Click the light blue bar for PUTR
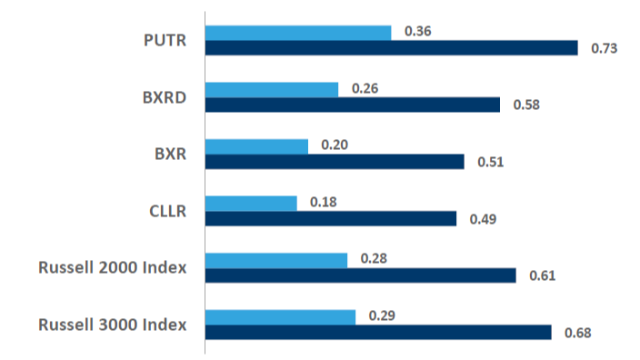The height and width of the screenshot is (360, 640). tap(298, 33)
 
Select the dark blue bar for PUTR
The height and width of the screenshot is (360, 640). tap(391, 48)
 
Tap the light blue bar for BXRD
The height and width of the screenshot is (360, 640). tap(272, 89)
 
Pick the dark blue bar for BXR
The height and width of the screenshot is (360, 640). tap(335, 162)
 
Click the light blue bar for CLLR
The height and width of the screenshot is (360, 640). tap(251, 203)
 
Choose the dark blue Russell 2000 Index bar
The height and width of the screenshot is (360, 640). tap(360, 275)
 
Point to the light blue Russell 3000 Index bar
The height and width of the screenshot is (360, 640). tap(280, 317)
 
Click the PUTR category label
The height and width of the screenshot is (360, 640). tap(165, 41)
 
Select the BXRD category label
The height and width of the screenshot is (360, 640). tap(165, 97)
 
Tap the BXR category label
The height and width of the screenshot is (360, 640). tap(170, 154)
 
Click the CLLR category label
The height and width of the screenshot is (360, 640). tap(167, 211)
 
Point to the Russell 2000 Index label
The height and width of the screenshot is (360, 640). tap(113, 267)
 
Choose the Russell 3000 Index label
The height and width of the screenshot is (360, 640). tap(113, 325)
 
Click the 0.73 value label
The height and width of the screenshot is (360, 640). tap(605, 48)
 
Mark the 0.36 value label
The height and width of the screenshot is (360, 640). tap(417, 32)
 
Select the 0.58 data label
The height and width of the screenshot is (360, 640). tap(526, 105)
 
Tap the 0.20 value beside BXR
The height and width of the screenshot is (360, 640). tap(335, 145)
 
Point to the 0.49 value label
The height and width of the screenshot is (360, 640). tap(482, 219)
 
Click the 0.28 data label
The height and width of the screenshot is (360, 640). tap(374, 260)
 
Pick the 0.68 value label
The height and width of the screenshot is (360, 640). tap(577, 333)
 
